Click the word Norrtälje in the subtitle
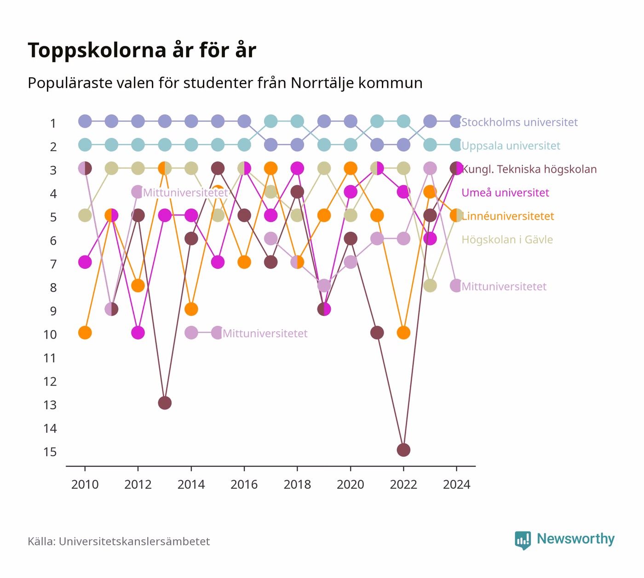[322, 83]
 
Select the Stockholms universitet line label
[519, 122]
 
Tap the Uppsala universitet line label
[511, 146]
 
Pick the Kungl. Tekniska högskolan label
[529, 169]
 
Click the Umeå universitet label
[505, 193]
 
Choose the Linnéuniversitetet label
[508, 216]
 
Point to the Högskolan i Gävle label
[507, 240]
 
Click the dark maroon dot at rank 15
[403, 450]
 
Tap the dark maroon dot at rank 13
[165, 403]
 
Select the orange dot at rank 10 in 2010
[85, 333]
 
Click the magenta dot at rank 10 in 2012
[138, 333]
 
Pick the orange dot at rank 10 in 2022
[403, 333]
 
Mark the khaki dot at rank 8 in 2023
[430, 286]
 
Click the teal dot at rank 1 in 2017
[271, 121]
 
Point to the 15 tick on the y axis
[50, 452]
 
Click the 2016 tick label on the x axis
[244, 485]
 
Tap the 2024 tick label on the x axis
[456, 485]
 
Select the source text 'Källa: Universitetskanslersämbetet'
[119, 541]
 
